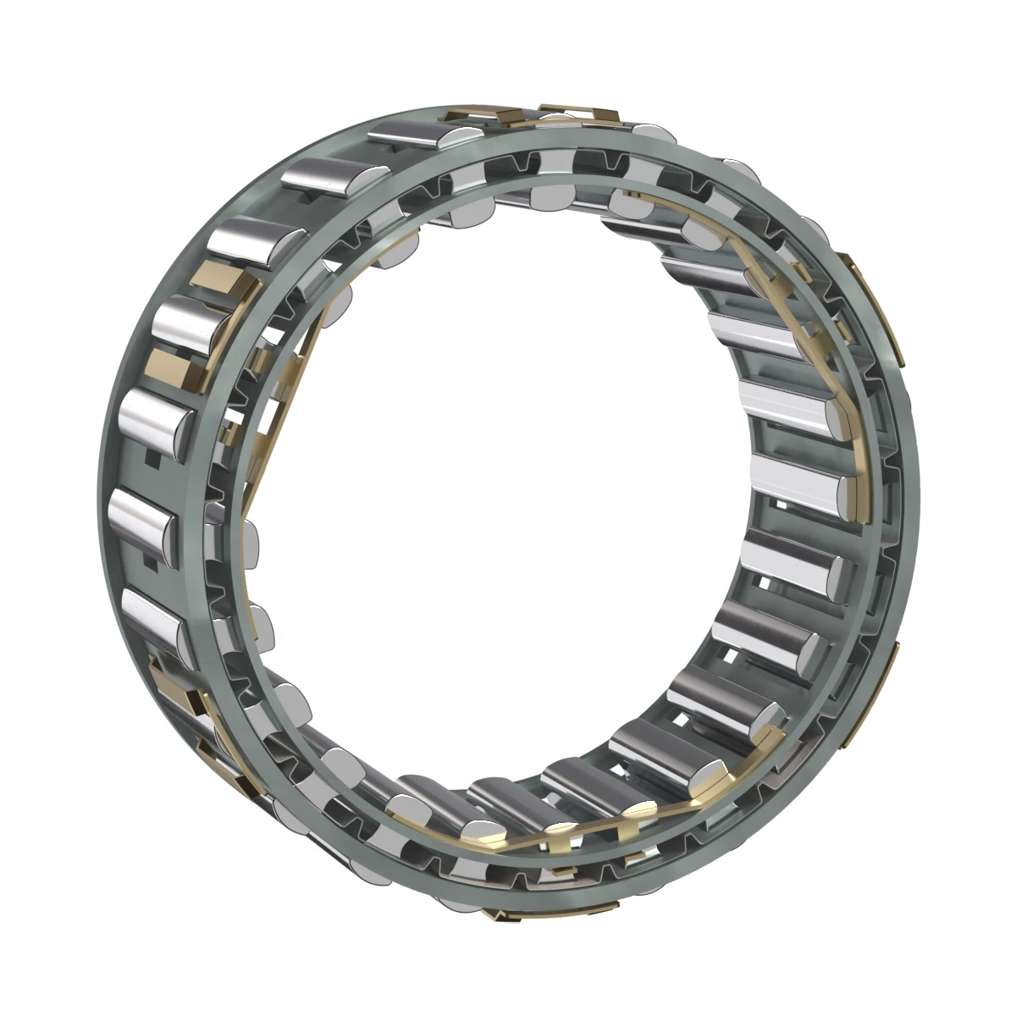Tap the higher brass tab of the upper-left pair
[x=222, y=279]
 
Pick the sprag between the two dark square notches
[x=142, y=512]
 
